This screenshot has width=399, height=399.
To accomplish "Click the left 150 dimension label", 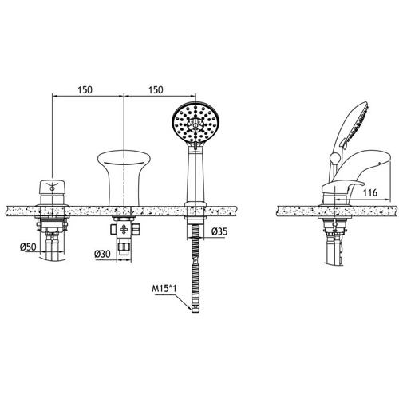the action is (x=85, y=90).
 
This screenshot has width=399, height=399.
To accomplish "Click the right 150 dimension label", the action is (x=156, y=90).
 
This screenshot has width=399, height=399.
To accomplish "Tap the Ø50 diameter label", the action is (x=28, y=247).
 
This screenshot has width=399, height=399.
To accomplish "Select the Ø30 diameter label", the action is (x=102, y=254).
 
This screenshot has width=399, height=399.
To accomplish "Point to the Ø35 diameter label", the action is (x=219, y=231).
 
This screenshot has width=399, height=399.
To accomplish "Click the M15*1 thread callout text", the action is (x=164, y=289).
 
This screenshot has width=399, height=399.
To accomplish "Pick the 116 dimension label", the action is (x=369, y=192).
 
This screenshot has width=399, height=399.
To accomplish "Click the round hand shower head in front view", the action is (x=196, y=123).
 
